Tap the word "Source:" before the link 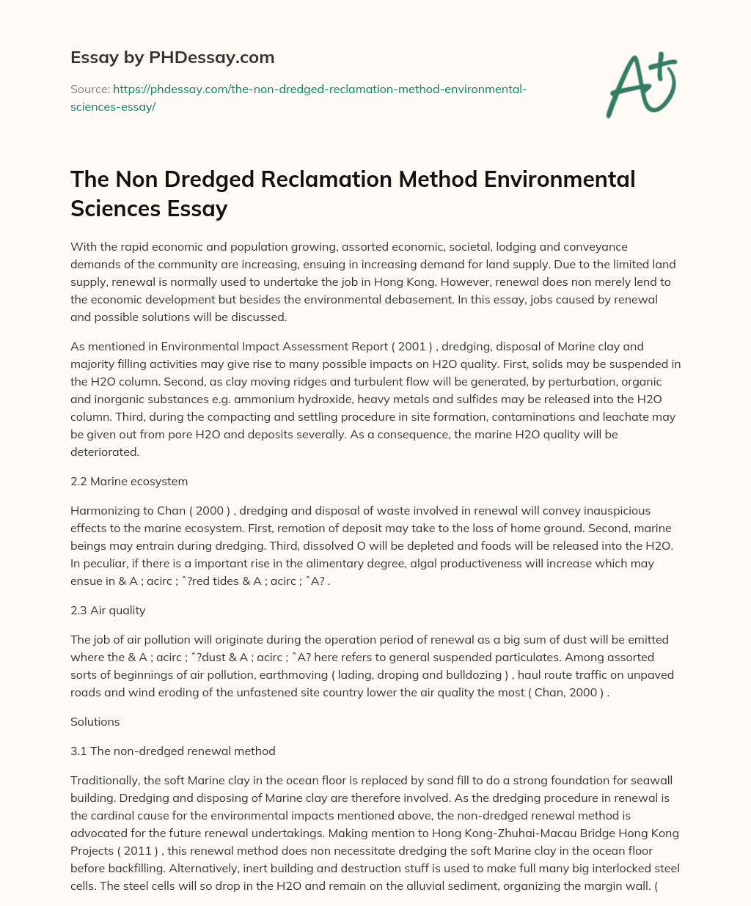[90, 89]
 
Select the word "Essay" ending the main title [198, 209]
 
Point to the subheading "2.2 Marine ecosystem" [129, 481]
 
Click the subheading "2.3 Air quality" [109, 610]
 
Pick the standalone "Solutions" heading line [95, 721]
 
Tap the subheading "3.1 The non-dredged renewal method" [172, 751]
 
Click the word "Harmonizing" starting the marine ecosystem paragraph [103, 510]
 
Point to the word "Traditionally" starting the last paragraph [105, 780]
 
